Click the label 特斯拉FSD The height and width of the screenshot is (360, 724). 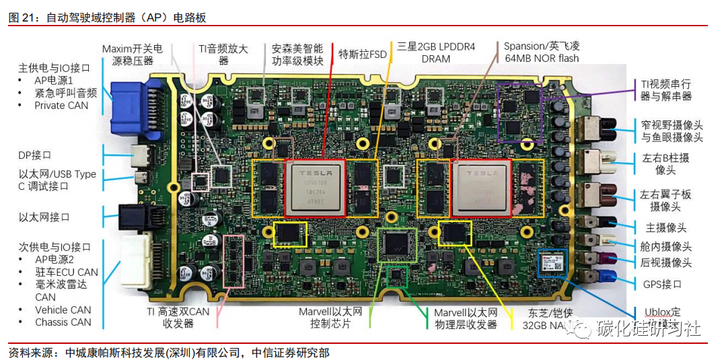363,54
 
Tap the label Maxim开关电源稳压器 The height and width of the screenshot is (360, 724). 132,55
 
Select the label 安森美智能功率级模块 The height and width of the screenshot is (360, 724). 297,55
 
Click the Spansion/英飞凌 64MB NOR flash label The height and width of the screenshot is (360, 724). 542,52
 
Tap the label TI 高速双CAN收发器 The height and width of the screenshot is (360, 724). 178,317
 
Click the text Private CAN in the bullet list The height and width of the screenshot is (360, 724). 61,105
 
